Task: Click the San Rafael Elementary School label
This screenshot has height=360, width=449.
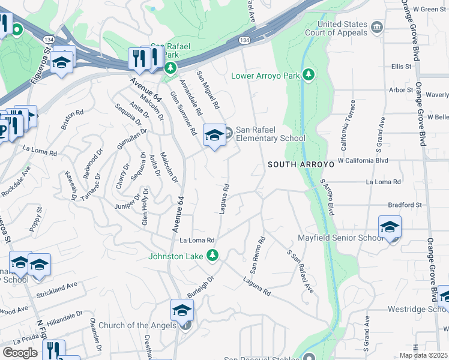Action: [x=270, y=134]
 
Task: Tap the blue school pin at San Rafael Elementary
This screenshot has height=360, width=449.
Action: [x=214, y=135]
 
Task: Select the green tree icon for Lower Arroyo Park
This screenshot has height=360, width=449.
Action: [x=309, y=75]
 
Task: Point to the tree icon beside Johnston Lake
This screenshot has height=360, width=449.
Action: [x=212, y=256]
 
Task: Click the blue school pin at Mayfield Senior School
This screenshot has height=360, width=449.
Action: [x=390, y=227]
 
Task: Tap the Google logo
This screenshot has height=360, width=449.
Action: [x=20, y=352]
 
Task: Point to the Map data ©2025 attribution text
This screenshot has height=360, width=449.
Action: [x=423, y=355]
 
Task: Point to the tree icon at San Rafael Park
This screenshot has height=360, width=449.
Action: [x=171, y=67]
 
